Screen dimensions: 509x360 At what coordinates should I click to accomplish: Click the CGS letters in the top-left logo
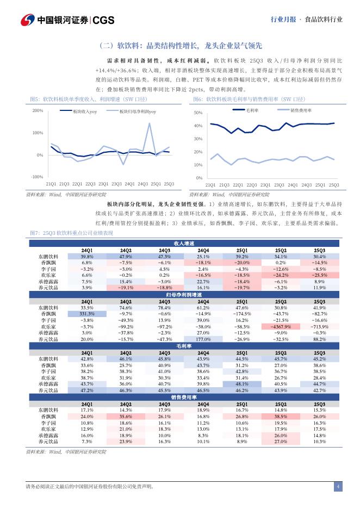(104, 20)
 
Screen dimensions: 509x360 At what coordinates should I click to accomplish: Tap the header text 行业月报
(283, 20)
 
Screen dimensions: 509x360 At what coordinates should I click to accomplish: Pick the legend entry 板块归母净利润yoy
(137, 111)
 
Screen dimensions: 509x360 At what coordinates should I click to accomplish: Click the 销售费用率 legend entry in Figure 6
(297, 110)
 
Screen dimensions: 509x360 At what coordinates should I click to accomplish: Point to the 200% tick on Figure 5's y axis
(38, 111)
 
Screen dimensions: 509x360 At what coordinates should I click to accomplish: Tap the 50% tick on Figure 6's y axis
(198, 113)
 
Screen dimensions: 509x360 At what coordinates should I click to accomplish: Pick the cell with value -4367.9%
(281, 326)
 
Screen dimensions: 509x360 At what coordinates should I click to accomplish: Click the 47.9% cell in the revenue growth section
(126, 256)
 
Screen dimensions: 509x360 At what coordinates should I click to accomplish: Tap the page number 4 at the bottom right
(338, 486)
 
